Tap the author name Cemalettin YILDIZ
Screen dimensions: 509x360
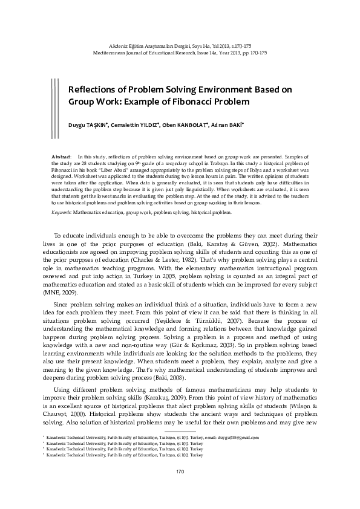pos(136,126)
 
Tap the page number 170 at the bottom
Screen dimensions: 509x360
pos(180,488)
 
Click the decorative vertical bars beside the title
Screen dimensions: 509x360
pos(55,100)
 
